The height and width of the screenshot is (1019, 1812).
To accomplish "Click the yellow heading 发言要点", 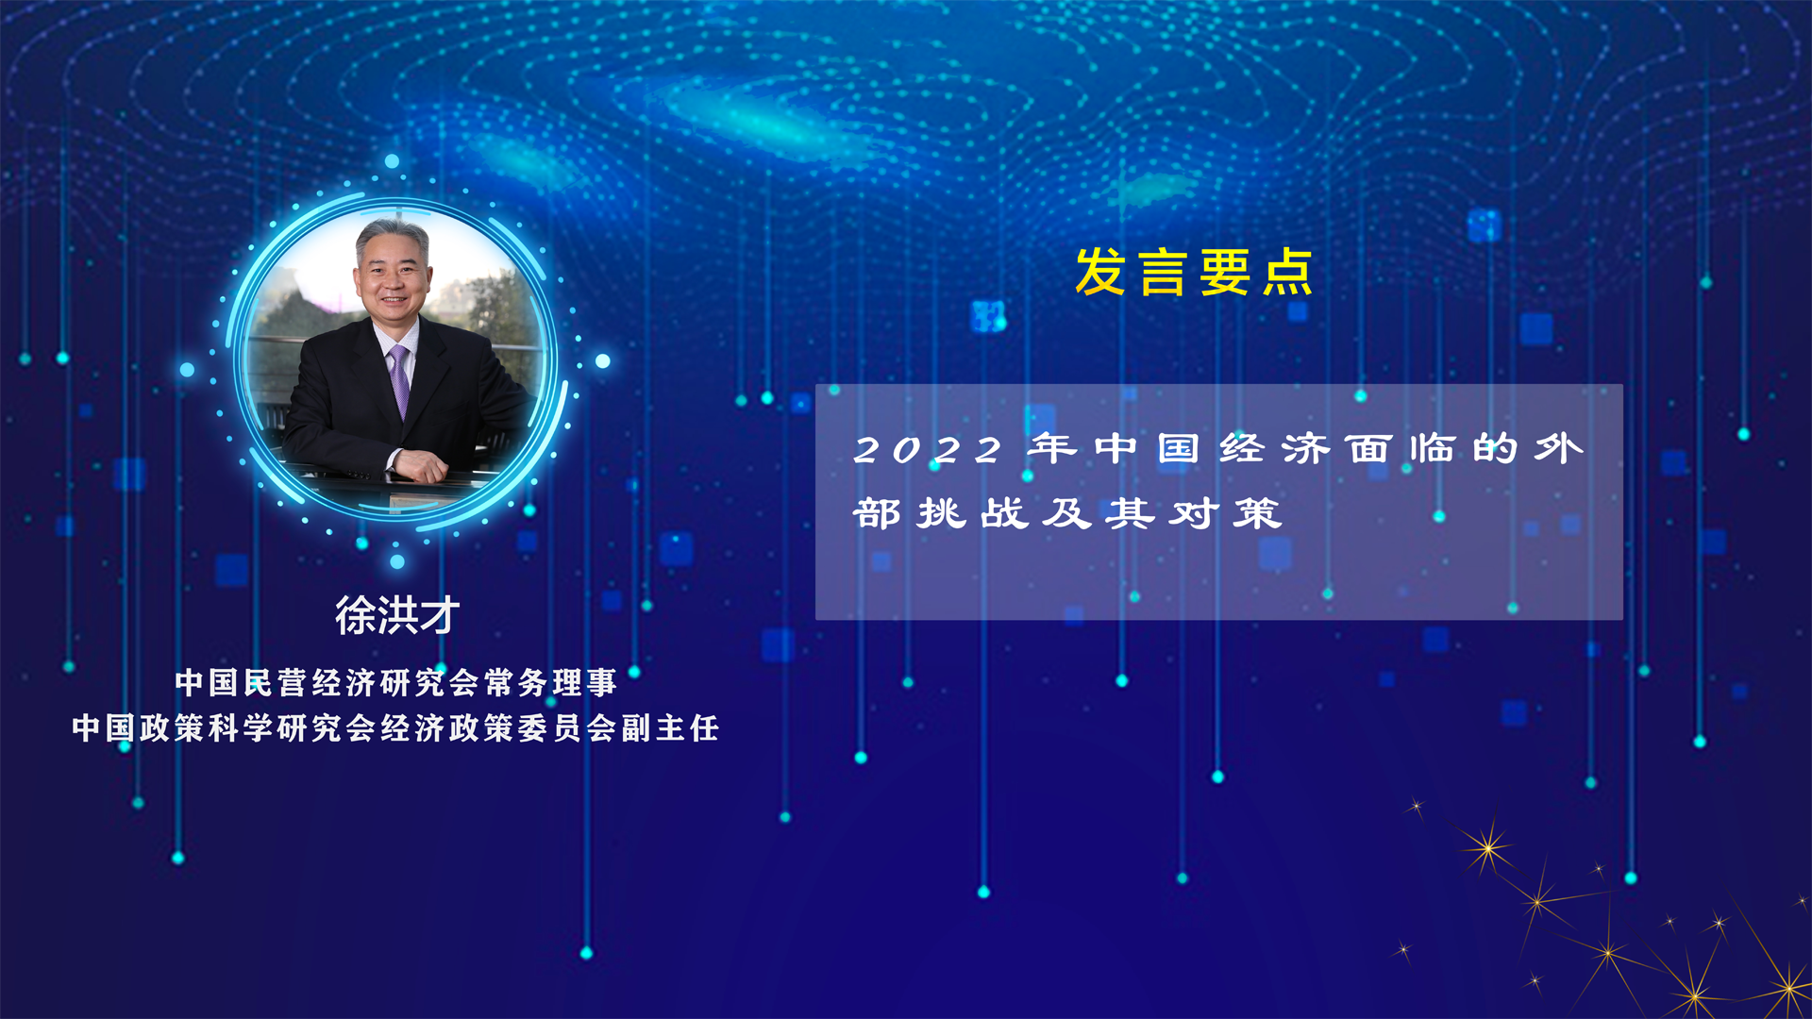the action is coord(1194,273).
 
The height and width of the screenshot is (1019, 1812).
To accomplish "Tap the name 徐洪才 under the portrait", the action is coord(397,615).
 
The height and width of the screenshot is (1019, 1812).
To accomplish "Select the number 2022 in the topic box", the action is coord(928,450).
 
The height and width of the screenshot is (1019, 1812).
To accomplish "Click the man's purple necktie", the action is coord(400,378).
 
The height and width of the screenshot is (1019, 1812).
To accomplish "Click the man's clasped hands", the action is coord(421,464).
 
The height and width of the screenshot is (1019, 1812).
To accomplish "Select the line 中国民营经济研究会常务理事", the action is coord(395,682).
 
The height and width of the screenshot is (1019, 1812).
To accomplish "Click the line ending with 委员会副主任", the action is coord(395,727).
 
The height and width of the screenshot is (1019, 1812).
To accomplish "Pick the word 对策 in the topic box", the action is coord(1225,514).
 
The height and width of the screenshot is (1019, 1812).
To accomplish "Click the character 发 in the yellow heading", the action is coord(1100,273).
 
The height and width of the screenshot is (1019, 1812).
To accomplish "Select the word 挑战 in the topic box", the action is coord(973,514).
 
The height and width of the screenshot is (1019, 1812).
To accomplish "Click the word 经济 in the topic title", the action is coord(1274,449).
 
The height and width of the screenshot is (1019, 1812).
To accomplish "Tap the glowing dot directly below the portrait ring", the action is coord(397,562).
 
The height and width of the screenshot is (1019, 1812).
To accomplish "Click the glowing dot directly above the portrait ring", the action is coord(392,161).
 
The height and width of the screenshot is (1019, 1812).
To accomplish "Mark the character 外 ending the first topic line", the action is coord(1558,449).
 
